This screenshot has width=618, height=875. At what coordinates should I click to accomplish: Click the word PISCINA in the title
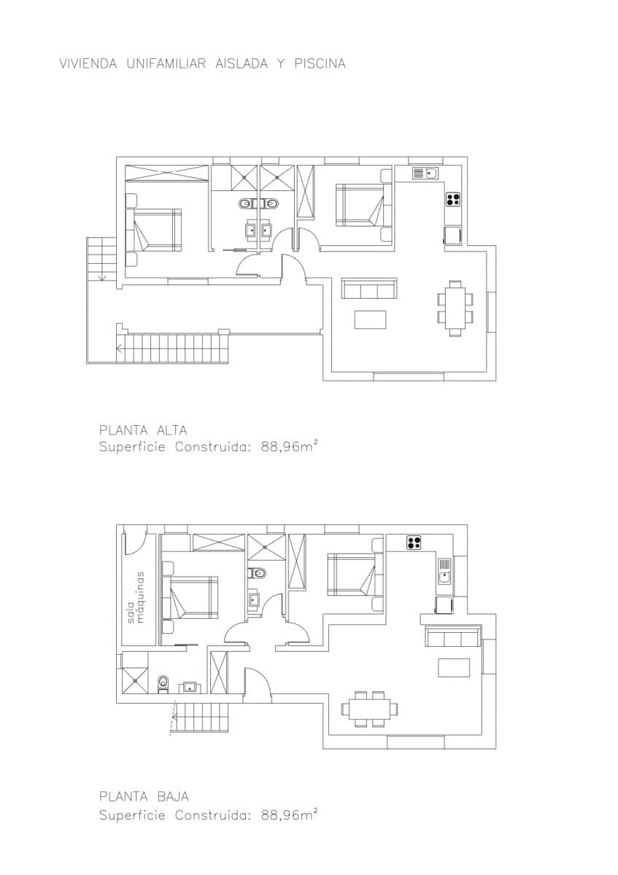(320, 64)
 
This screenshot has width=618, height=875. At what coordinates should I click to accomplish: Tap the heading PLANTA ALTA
(143, 430)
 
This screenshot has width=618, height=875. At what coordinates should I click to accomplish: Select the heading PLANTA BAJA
(144, 797)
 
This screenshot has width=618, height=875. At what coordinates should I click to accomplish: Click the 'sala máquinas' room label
(136, 596)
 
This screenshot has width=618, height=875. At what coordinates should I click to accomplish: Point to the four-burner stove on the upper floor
(453, 198)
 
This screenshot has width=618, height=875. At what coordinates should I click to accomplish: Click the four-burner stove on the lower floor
(414, 542)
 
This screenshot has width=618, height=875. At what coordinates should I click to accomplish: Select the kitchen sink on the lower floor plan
(444, 571)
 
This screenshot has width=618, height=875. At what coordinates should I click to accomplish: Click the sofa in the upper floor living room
(369, 289)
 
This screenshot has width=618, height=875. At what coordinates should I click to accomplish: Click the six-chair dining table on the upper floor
(455, 308)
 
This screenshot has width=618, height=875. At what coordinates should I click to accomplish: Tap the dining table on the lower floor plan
(370, 709)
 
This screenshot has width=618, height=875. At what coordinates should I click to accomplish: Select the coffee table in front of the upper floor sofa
(370, 319)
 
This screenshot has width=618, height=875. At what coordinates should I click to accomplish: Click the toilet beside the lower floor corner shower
(163, 682)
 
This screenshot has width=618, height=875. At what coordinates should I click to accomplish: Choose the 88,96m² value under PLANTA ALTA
(289, 447)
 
